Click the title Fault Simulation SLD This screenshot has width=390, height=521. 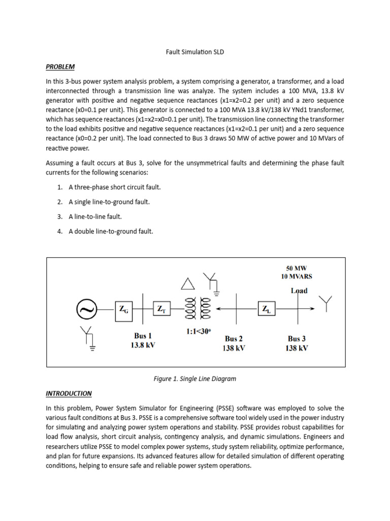point(195,52)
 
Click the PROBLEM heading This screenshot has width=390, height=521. point(60,67)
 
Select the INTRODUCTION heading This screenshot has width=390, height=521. point(69,393)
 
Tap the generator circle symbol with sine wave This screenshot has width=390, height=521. point(86,309)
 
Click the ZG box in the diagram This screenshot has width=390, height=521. point(124,309)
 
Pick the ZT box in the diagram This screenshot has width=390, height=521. point(161,309)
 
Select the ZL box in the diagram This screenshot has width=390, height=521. point(266,309)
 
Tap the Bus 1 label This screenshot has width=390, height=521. point(143,335)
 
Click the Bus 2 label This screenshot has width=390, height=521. point(234,339)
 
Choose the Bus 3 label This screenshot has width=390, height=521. point(297,339)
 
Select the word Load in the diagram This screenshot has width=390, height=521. point(299,291)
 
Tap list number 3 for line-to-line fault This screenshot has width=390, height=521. point(60,216)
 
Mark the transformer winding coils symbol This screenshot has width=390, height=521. point(196,308)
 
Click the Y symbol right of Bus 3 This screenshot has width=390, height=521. point(326,304)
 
